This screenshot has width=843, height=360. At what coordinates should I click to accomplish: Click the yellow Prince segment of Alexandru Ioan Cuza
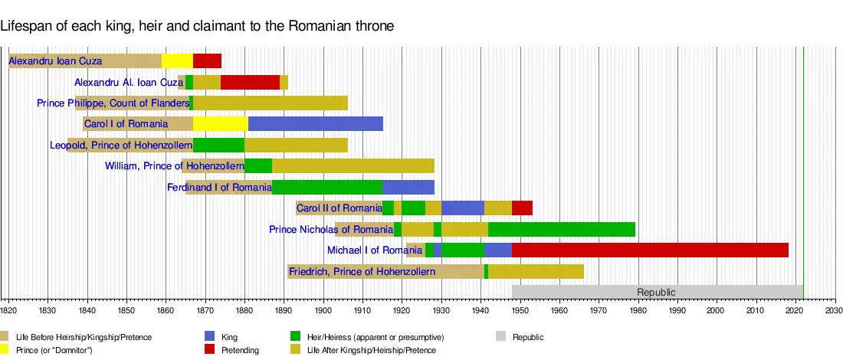coord(177,61)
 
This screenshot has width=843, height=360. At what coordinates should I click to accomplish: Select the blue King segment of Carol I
coord(315,124)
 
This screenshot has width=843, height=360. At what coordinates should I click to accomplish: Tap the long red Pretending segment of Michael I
coord(650,250)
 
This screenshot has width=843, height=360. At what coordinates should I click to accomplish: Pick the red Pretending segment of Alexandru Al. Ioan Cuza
coord(250,82)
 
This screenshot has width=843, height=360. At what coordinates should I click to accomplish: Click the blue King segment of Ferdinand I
coord(408,187)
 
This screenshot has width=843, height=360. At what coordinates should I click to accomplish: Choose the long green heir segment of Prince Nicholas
coord(562,229)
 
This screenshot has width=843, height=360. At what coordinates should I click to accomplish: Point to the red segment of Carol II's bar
coord(522,208)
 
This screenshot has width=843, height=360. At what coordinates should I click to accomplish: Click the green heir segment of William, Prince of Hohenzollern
coord(258,166)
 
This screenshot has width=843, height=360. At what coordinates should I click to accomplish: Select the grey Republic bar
coord(657,292)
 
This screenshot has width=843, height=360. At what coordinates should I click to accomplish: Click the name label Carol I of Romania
coord(126,124)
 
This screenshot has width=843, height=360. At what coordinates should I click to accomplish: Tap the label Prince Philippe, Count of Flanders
coord(113,103)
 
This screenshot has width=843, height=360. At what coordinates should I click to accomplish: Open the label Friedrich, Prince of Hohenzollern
coord(362,271)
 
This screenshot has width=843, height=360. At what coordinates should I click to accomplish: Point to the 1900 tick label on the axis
coord(323,310)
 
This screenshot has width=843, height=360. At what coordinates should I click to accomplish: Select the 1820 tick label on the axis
coord(8,310)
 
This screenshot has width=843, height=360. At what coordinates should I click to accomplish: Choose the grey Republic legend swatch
coord(501,336)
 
